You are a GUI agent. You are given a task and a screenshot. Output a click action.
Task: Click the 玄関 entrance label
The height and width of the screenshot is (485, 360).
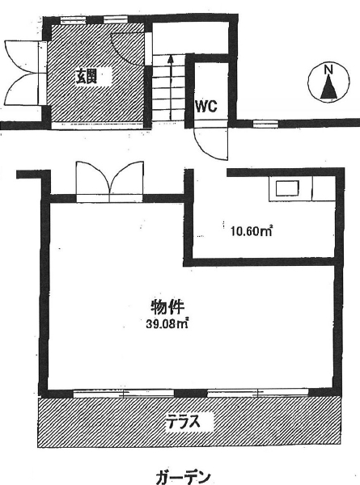click(x=87, y=76)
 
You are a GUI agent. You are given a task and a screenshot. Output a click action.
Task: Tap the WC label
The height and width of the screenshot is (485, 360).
click(x=205, y=107)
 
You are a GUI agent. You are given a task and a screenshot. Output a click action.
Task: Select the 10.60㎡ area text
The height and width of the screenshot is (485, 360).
click(x=251, y=231)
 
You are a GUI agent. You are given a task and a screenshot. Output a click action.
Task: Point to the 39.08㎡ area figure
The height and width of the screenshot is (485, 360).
click(x=167, y=324)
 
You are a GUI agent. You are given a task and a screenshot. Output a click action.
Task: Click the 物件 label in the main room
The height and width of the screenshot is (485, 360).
click(x=167, y=307)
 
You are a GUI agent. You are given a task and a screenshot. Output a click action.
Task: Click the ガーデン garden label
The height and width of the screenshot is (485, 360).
click(x=184, y=478)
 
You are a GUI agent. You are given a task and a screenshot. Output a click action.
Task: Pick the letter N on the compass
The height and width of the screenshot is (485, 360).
click(x=328, y=70)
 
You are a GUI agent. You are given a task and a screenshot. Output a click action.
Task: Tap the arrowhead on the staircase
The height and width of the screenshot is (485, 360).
click(x=170, y=59)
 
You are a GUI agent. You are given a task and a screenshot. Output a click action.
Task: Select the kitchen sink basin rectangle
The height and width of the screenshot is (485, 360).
click(x=287, y=188)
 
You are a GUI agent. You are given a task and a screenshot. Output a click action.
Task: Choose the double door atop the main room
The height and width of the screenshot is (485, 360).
click(x=109, y=181)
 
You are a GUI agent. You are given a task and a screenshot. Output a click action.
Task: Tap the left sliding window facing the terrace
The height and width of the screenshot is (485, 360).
click(x=124, y=394)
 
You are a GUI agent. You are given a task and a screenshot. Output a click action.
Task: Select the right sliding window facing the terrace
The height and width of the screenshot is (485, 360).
click(x=258, y=393)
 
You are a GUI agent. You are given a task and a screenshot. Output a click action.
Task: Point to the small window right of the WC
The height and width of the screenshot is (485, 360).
click(x=266, y=124)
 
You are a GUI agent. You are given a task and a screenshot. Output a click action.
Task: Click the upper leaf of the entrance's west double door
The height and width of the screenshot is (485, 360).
click(x=22, y=57)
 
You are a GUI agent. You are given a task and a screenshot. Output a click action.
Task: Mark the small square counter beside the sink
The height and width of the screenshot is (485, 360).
click(x=324, y=188)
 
